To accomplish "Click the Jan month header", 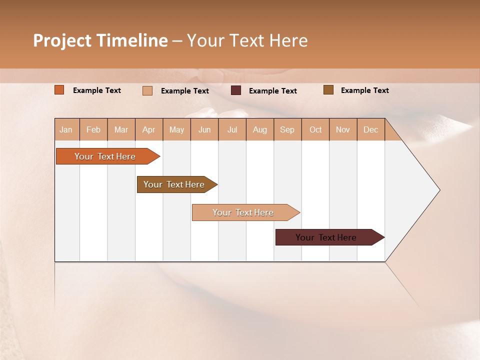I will (x=66, y=129).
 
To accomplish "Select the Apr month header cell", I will (x=149, y=129).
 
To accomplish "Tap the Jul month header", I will (x=232, y=129).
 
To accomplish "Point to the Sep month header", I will (x=287, y=129).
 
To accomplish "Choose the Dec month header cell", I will (x=370, y=129).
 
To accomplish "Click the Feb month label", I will (x=93, y=129).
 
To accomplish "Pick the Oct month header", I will (x=315, y=129).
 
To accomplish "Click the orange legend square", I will (x=59, y=90).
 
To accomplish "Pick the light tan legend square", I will (x=147, y=90).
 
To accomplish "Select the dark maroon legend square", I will (x=236, y=90).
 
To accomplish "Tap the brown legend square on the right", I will (x=328, y=90).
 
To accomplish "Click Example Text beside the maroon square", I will (x=273, y=91).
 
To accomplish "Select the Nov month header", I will (x=343, y=129).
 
